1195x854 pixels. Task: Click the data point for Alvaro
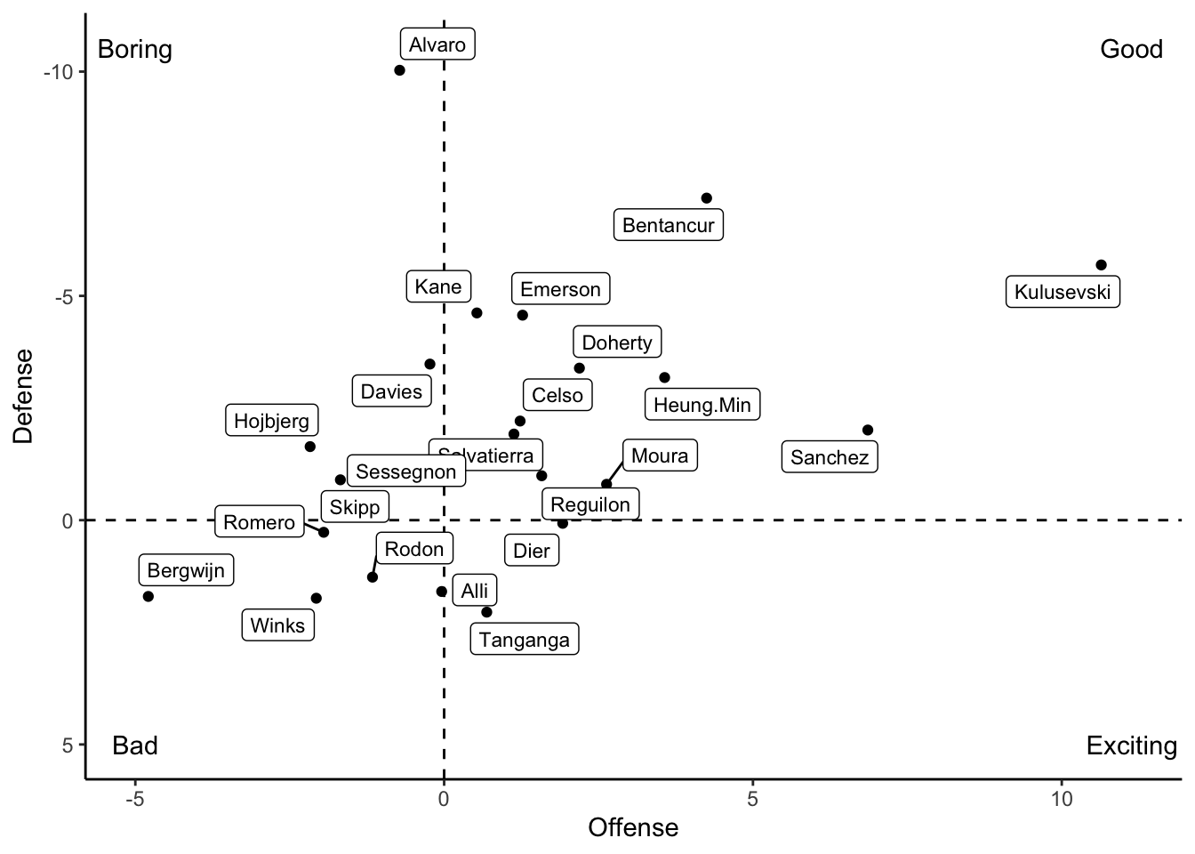point(399,70)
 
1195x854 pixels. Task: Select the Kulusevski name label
point(1063,292)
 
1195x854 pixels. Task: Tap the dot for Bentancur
point(706,198)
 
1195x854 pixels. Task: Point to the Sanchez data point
point(868,430)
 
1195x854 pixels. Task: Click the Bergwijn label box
point(186,570)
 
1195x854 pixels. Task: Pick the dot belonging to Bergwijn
point(148,596)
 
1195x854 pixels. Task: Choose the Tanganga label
point(524,640)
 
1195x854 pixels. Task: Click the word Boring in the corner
point(135,49)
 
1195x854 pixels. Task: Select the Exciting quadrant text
point(1131,745)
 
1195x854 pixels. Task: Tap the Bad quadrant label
point(135,745)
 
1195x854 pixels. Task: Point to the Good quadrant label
point(1131,49)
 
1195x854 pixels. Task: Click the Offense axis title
point(633,828)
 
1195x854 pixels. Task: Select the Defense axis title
point(23,395)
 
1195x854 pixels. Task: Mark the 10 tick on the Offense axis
point(1062,799)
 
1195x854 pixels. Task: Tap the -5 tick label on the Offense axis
point(134,799)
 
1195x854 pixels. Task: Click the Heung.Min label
point(702,406)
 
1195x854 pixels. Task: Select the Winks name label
point(277,625)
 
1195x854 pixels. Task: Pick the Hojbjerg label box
point(271,421)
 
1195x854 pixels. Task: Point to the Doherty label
point(617,342)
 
